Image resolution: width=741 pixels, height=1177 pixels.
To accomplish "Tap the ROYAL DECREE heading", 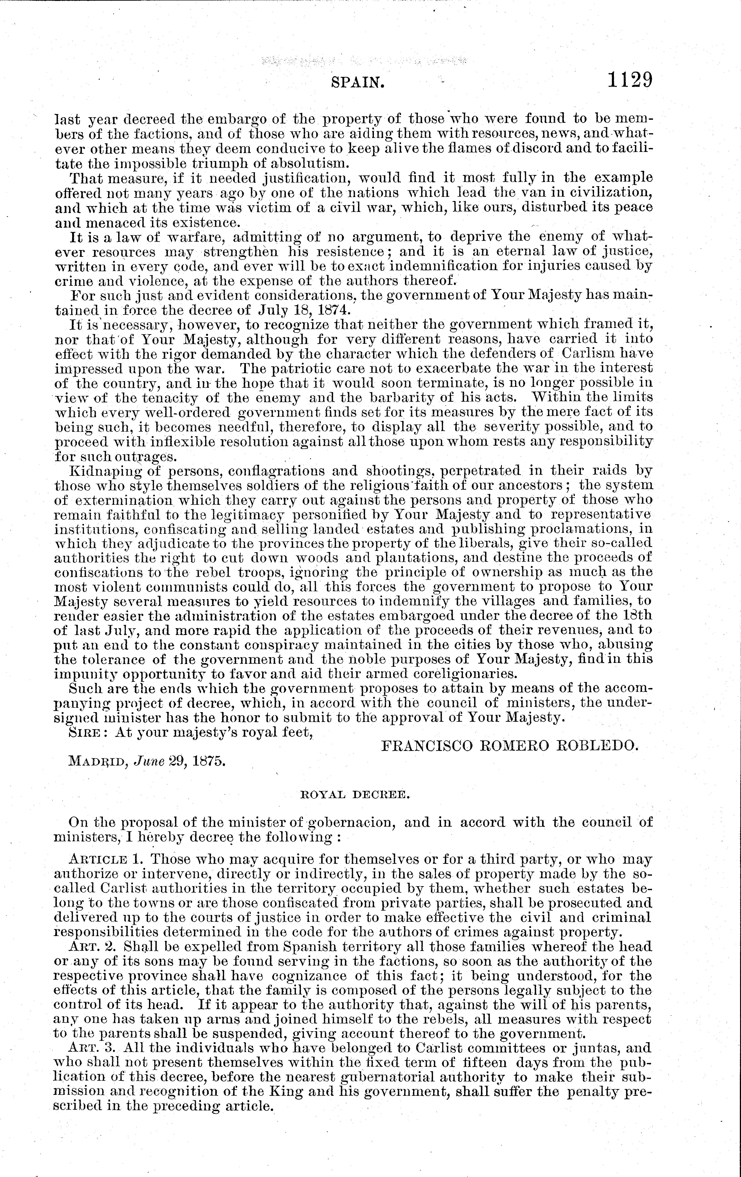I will [x=354, y=795].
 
